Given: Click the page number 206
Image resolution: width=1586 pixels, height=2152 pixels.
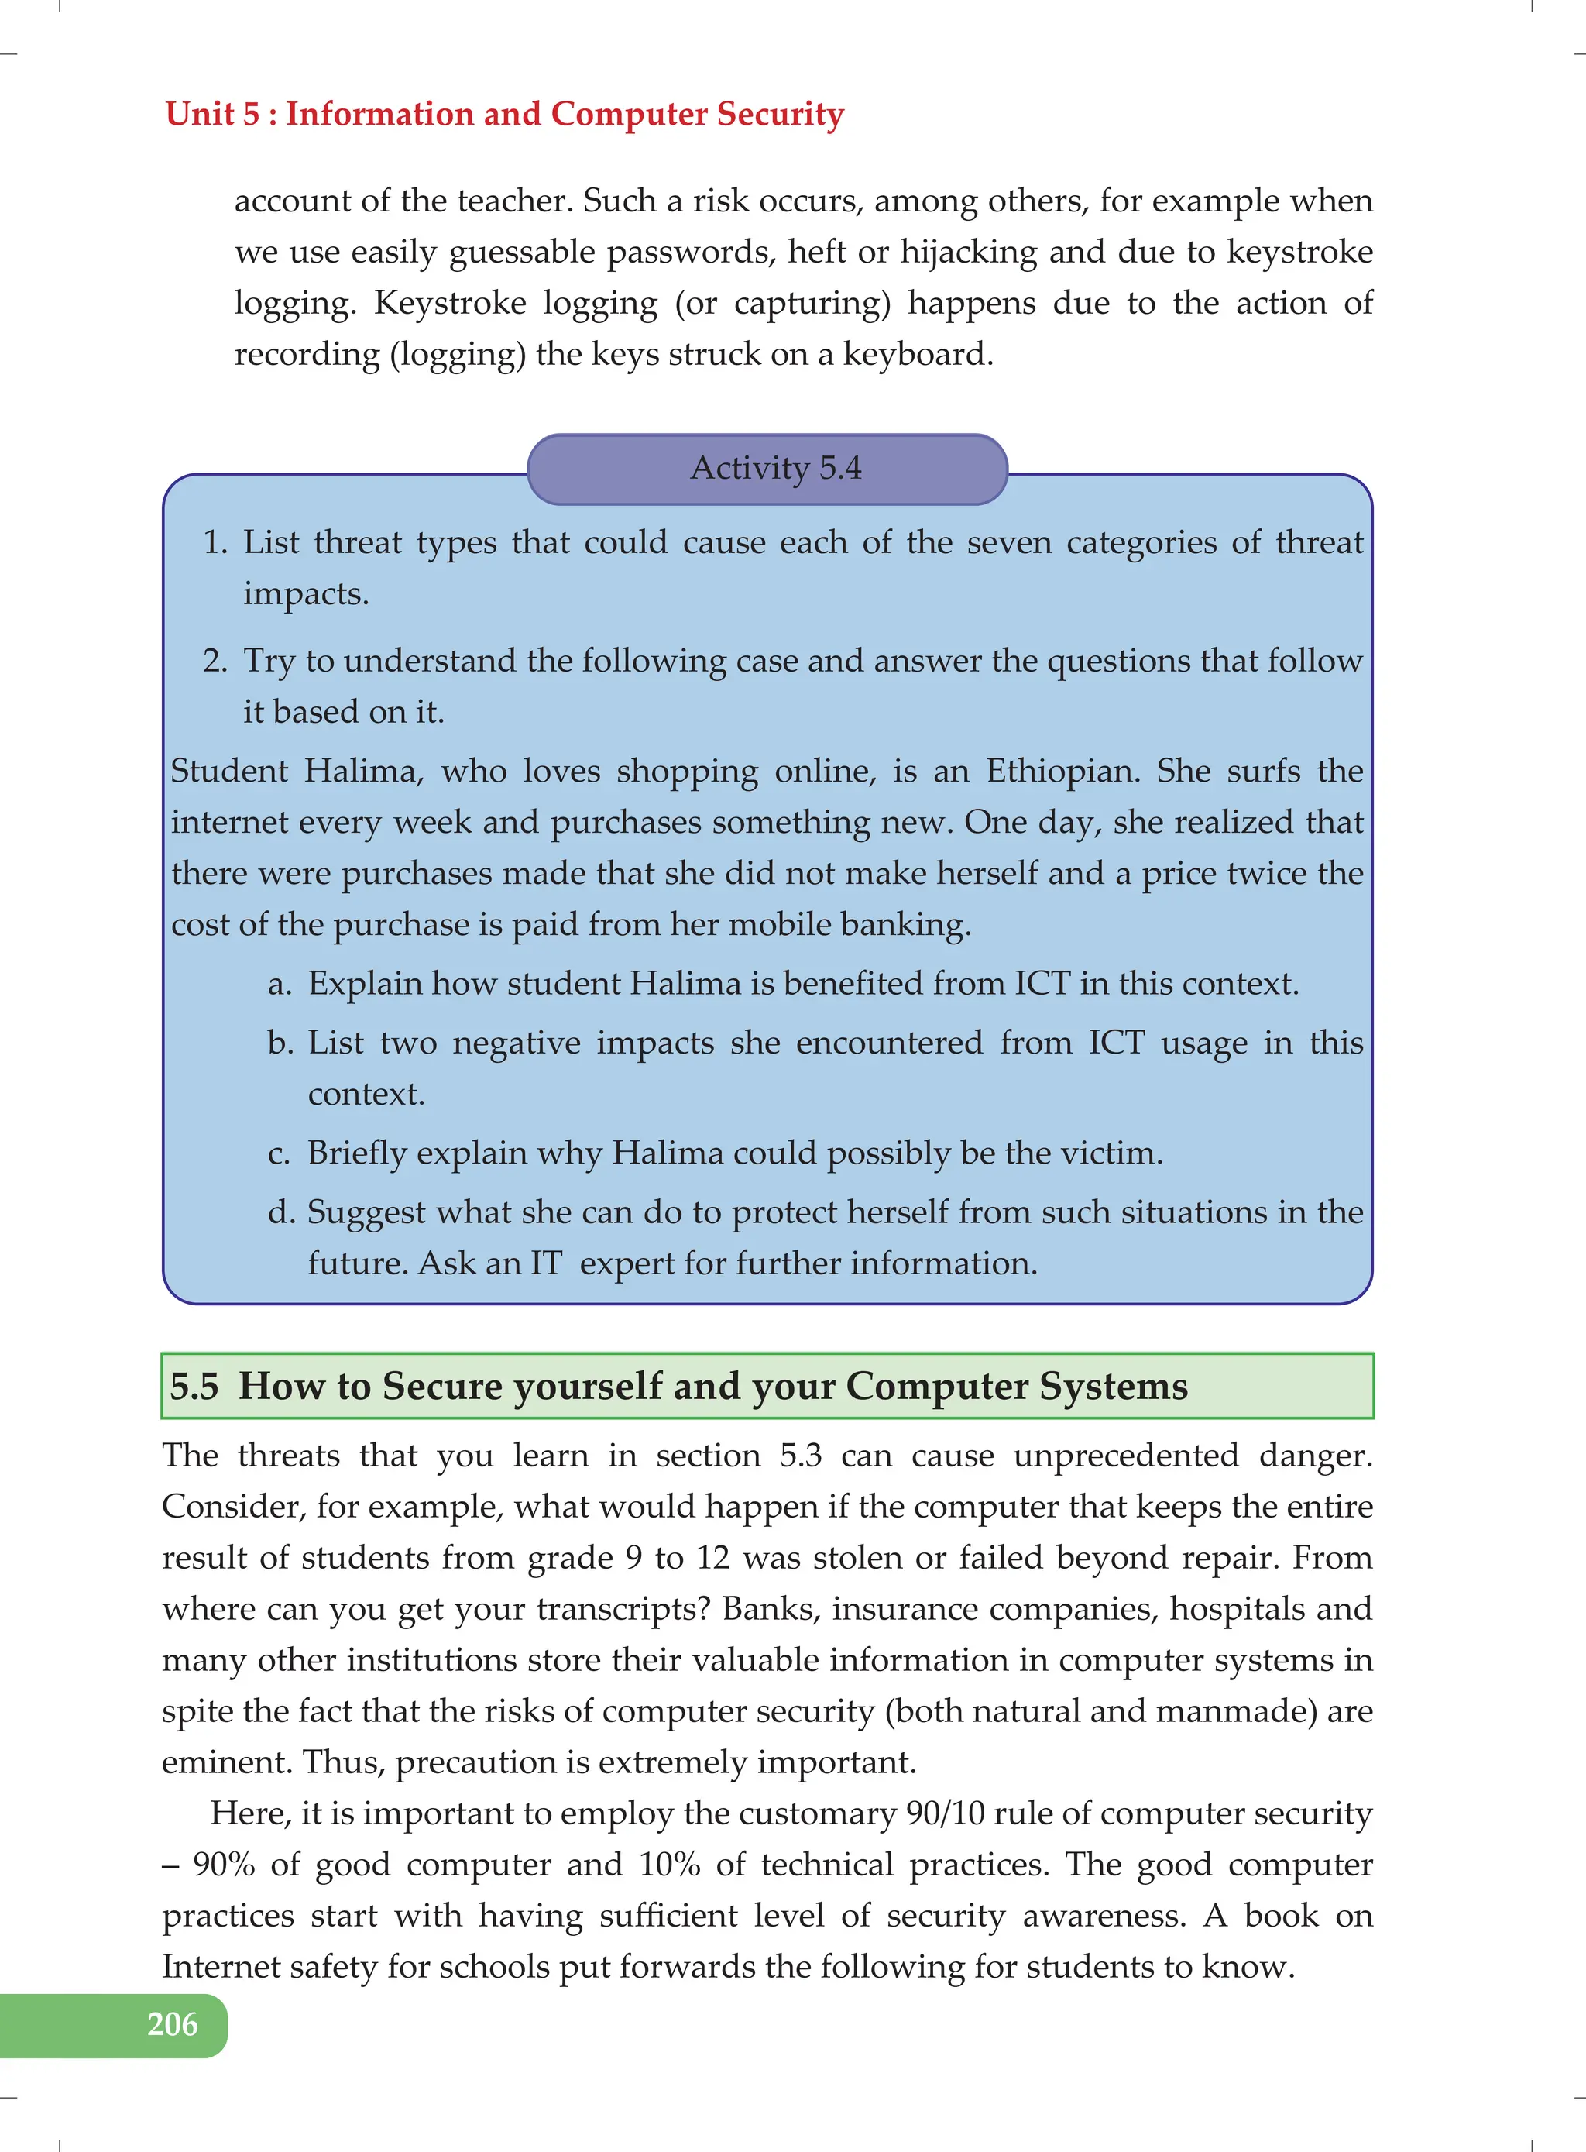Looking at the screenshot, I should pos(172,2023).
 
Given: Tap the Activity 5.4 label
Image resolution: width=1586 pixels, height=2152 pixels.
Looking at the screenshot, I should pos(776,468).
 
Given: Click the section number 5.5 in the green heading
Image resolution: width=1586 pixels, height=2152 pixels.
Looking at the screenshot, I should pos(194,1386).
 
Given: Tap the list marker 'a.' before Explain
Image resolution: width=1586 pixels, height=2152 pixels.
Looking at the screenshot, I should pos(280,985).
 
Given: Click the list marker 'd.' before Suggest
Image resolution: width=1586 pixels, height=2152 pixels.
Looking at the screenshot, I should pos(280,1213).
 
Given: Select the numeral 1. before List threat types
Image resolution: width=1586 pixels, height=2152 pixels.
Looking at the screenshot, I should pos(215,542).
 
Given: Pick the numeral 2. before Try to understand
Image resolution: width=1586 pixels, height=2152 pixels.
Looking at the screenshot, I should pos(215,661).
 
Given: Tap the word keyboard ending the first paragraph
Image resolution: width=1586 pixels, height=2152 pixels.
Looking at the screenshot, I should pos(917,354).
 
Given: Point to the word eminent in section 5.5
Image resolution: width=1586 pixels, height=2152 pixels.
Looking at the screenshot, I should pos(225,1762).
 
